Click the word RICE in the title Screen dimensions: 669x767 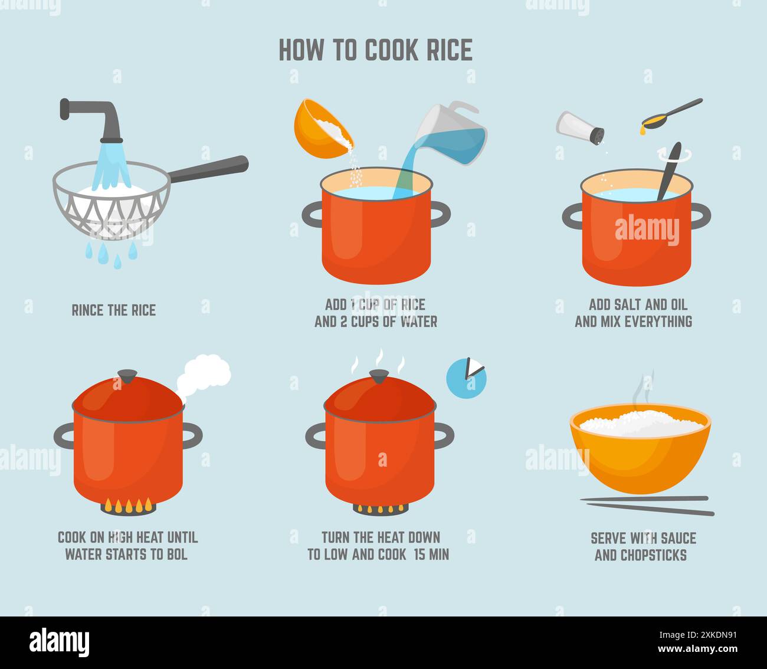(x=449, y=50)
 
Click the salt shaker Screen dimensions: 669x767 (x=580, y=125)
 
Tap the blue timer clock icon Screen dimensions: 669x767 (x=466, y=376)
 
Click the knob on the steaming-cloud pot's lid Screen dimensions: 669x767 (x=127, y=376)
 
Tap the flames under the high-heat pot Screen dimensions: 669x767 (x=127, y=505)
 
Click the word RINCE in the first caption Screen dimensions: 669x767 (x=88, y=310)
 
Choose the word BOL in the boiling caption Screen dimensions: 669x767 (x=176, y=555)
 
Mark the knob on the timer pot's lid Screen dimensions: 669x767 (x=379, y=376)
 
